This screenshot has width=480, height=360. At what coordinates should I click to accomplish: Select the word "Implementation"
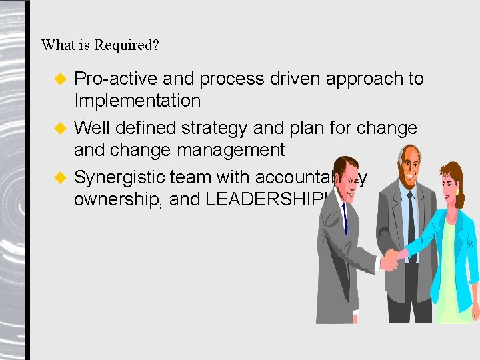click(137, 101)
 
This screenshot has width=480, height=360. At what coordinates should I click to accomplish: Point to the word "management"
click(231, 151)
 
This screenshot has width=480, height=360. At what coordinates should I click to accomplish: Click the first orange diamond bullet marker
click(59, 79)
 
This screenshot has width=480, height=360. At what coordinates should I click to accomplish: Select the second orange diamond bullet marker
click(59, 128)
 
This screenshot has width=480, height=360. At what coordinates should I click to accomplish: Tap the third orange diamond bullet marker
click(59, 178)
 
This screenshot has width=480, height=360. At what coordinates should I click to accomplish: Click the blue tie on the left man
click(345, 220)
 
